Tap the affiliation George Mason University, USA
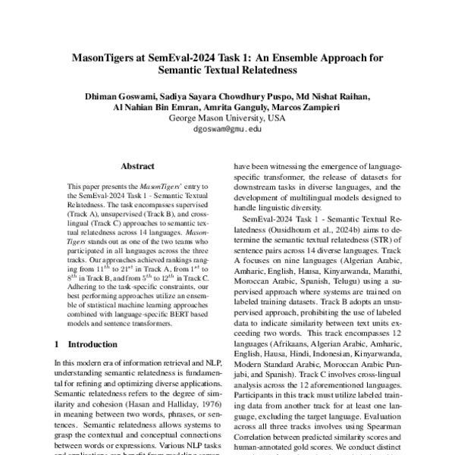tap(227, 118)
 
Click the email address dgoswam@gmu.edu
tap(227, 130)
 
